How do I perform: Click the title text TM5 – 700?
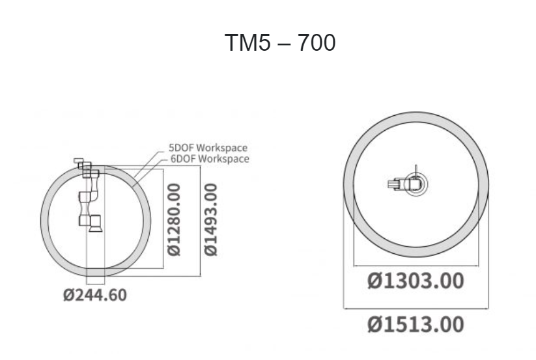(280, 43)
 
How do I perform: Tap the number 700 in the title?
(317, 43)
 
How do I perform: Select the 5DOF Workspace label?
(208, 148)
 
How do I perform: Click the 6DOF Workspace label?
(210, 159)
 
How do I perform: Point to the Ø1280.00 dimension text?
(174, 219)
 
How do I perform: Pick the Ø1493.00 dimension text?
(210, 219)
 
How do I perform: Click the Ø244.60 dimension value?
(95, 295)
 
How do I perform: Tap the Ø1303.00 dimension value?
(416, 281)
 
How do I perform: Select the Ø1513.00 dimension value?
(416, 324)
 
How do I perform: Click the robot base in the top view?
(416, 184)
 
